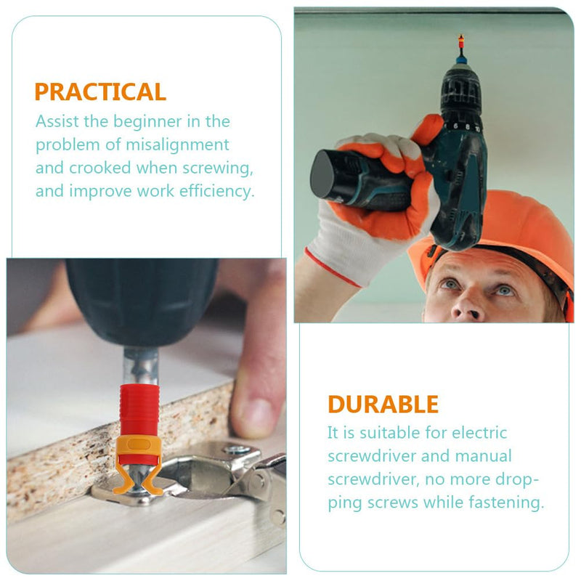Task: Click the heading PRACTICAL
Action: tap(100, 92)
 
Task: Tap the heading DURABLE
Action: tap(383, 404)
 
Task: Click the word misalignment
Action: tap(177, 145)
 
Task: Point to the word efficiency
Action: tap(216, 192)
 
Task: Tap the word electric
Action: tap(479, 433)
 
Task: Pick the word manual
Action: tap(483, 456)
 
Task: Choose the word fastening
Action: tap(506, 503)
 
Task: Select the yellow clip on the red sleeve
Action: tap(139, 463)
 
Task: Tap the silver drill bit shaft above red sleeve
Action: tap(141, 366)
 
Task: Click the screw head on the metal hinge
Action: tap(236, 450)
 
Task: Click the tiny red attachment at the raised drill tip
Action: tap(461, 41)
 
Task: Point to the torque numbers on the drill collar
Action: tap(467, 127)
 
